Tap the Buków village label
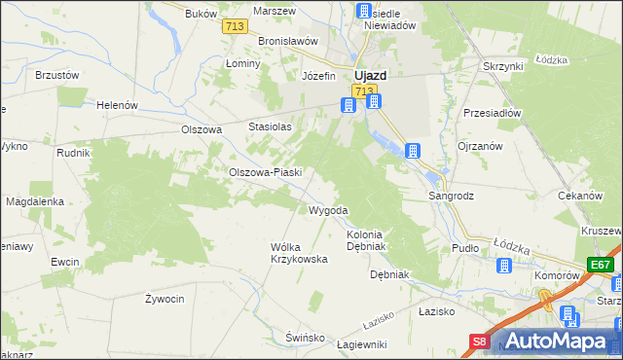198,14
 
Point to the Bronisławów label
289,41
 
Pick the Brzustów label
55,74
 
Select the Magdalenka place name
35,201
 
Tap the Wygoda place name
328,210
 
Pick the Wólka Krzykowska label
298,253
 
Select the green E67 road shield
600,265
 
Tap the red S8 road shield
480,342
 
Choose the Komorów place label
558,275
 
